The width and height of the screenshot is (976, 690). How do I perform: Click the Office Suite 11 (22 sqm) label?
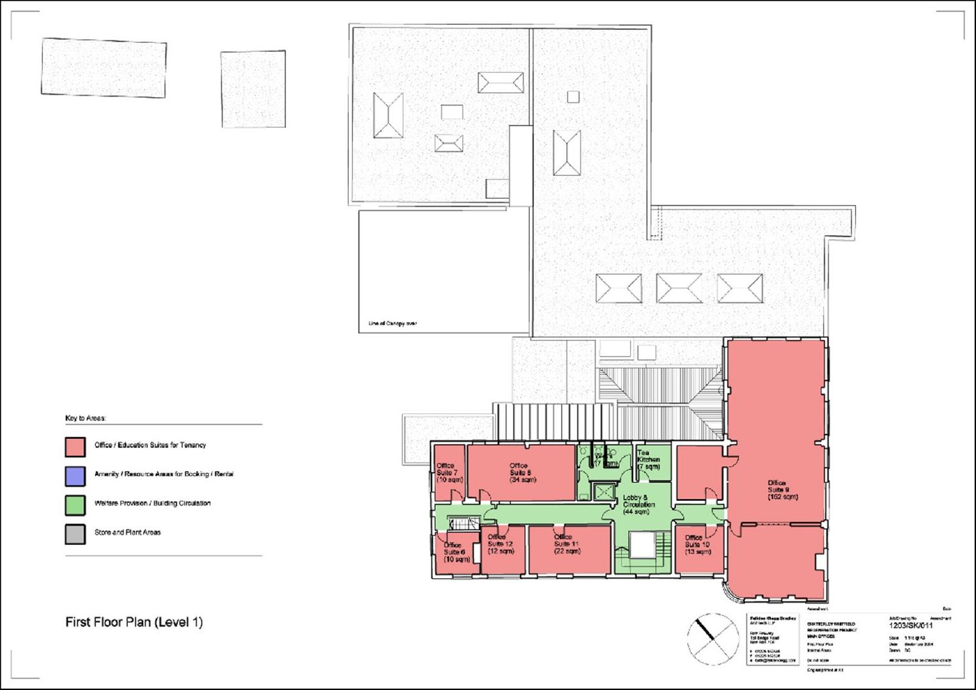tap(567, 544)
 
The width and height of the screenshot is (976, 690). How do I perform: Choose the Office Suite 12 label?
tap(500, 544)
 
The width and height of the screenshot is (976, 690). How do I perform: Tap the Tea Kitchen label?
tap(649, 460)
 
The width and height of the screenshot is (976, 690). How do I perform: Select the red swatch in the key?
tap(75, 447)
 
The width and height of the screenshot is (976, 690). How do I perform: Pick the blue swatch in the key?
tap(75, 476)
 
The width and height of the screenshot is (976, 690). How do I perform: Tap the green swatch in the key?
tap(75, 505)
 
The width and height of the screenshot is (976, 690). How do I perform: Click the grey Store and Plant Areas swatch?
tap(75, 534)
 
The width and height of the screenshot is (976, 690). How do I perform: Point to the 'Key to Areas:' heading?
tap(86, 418)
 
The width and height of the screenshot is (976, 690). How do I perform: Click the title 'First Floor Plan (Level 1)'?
tap(134, 622)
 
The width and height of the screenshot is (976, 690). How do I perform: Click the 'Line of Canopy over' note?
tap(392, 324)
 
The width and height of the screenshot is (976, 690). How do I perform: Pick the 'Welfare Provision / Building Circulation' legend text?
tap(152, 503)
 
